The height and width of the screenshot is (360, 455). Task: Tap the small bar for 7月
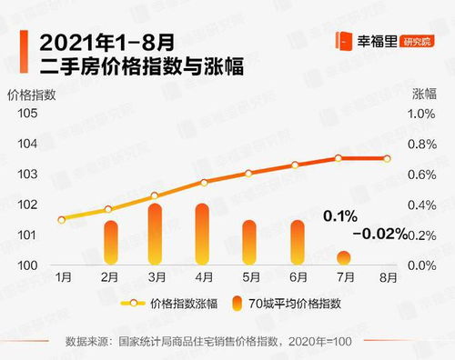[x=342, y=258]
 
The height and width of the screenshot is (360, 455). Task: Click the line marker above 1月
[x=62, y=219]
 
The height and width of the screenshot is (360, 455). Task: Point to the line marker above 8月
[x=388, y=158]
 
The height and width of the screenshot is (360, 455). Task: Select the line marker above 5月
[x=248, y=174]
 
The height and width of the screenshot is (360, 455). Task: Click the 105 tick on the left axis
[x=27, y=113]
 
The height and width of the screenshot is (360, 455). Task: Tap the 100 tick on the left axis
[x=27, y=265]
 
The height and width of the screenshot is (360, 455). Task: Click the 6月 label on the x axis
[x=296, y=276]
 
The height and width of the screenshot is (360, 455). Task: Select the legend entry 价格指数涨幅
[x=182, y=303]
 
